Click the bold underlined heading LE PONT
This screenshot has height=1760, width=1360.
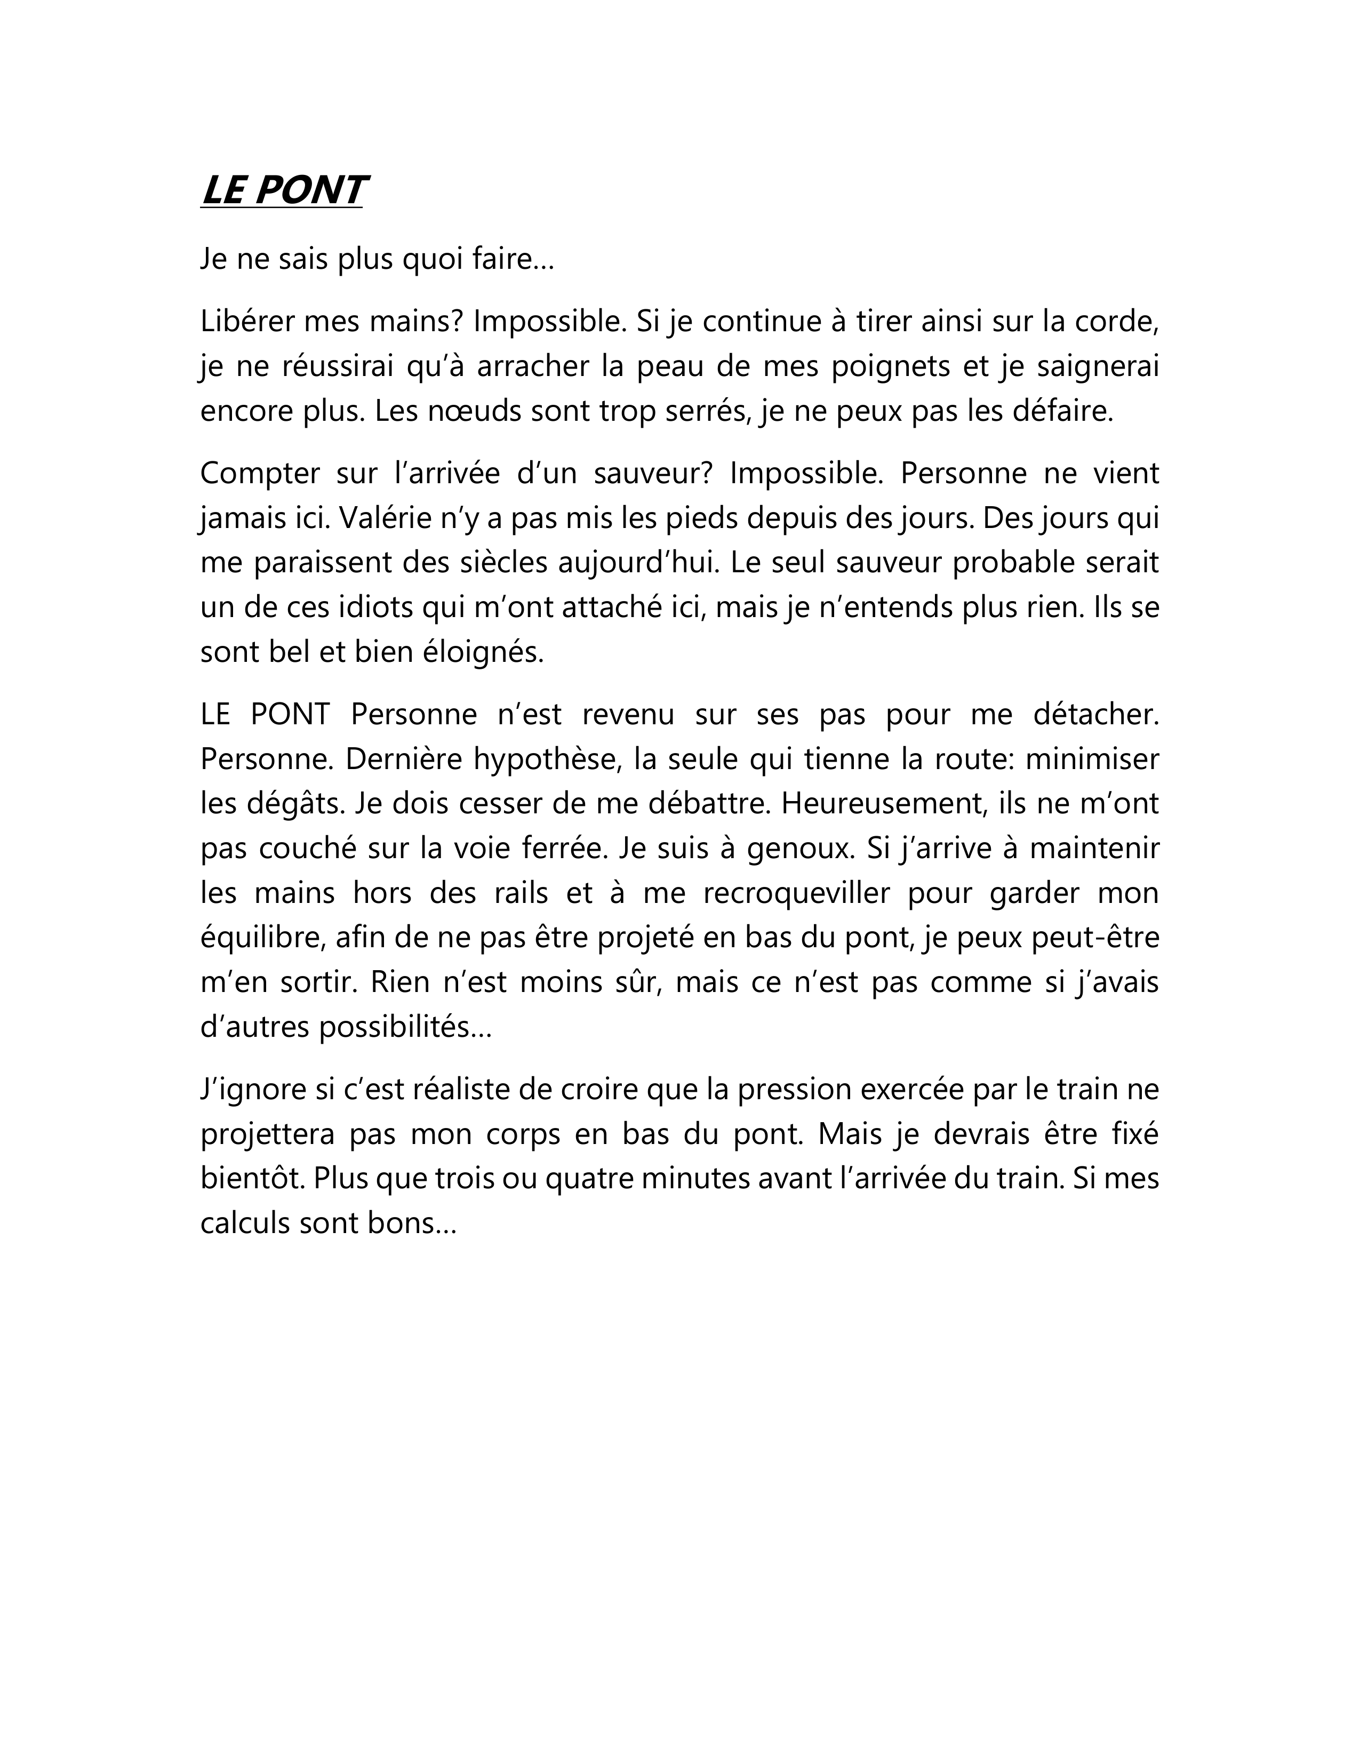click(x=283, y=191)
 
